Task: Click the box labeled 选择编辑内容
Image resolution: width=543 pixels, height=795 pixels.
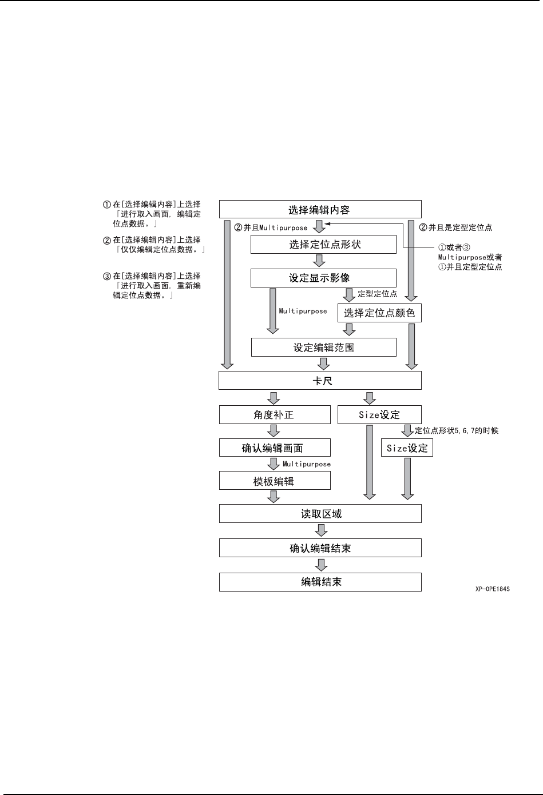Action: click(x=320, y=209)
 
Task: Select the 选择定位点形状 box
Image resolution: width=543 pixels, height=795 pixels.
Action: click(x=323, y=245)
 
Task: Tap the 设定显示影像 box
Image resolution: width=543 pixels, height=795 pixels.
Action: click(x=323, y=278)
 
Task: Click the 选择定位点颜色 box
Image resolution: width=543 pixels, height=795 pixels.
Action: click(x=379, y=313)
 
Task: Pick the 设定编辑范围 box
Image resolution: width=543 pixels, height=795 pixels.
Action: click(x=323, y=347)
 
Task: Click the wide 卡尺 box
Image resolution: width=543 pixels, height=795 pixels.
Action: click(x=320, y=381)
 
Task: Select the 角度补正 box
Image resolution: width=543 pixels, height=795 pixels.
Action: click(x=275, y=415)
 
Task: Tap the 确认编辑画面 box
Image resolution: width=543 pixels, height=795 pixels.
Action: click(x=275, y=448)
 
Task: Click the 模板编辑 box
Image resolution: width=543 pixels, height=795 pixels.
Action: click(x=275, y=481)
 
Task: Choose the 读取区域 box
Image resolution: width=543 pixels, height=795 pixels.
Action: click(x=320, y=514)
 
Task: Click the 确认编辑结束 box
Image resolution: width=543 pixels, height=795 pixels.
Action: click(x=320, y=548)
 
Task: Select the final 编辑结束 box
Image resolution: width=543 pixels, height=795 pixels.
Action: click(x=320, y=582)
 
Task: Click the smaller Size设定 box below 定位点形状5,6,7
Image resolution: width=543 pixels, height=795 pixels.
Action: click(x=407, y=448)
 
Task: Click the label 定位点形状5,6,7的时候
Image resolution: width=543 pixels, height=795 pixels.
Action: click(x=456, y=430)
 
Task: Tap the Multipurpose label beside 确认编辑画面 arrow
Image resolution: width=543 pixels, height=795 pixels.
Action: click(x=307, y=464)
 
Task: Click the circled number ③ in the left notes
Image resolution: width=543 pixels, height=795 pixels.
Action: click(x=106, y=277)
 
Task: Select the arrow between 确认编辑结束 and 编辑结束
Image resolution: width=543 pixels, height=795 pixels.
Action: click(x=322, y=565)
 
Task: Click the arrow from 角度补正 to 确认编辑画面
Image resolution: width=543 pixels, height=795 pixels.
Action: click(x=274, y=431)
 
